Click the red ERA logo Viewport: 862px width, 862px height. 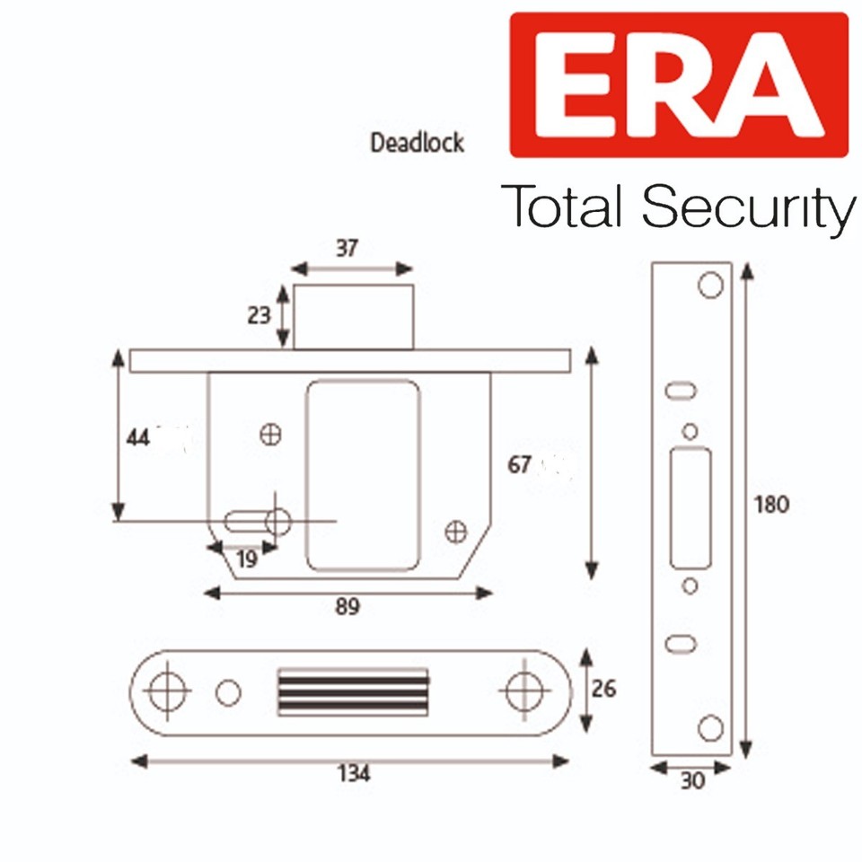pos(678,85)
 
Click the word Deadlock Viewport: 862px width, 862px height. pos(418,142)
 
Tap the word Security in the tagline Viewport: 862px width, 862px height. pos(747,207)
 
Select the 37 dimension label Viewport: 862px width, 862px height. pos(347,249)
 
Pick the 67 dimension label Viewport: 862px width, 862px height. pos(520,464)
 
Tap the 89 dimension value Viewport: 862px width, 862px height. pos(347,607)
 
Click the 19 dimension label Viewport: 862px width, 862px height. pos(246,559)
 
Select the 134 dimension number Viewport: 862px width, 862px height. pos(351,774)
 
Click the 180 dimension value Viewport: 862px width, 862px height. pos(771,505)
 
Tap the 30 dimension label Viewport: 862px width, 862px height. pos(692,781)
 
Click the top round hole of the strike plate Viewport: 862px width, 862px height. pos(710,285)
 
